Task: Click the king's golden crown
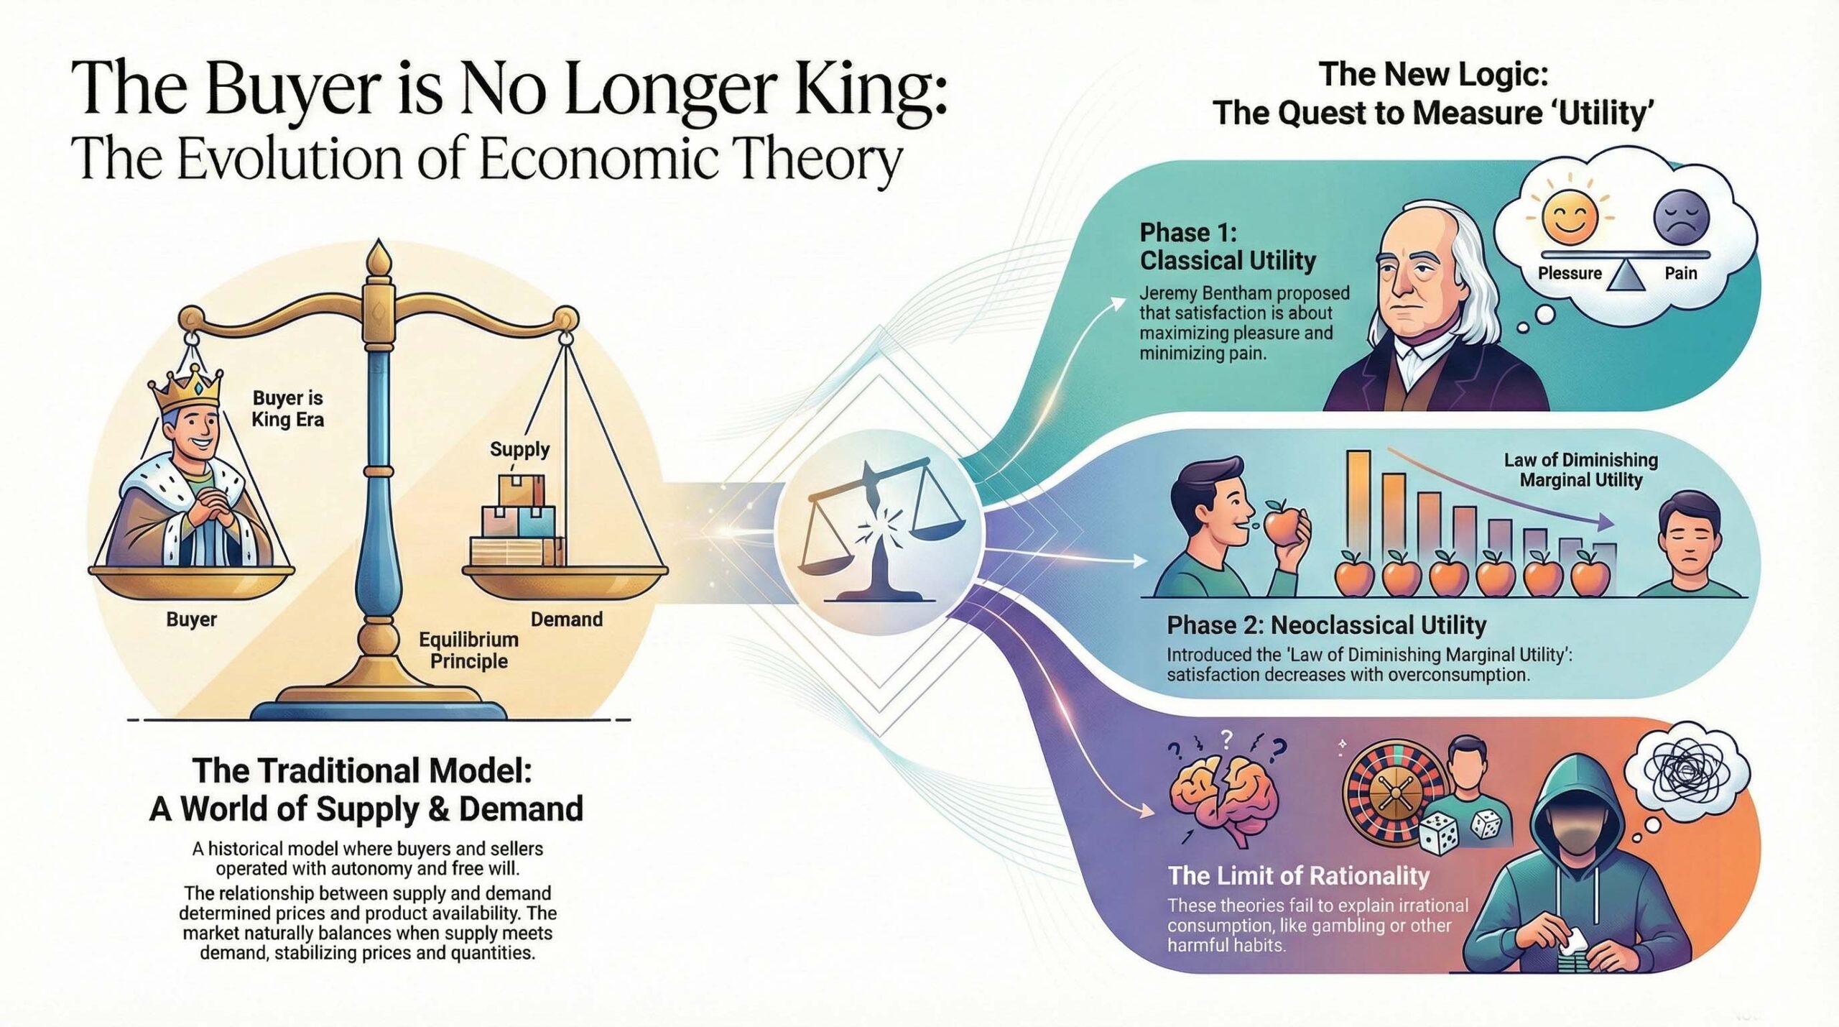click(185, 390)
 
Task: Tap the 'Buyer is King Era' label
click(288, 408)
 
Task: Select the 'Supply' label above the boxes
click(519, 449)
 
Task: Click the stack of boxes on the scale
click(517, 520)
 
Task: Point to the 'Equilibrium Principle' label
click(469, 650)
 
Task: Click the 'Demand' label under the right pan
click(567, 620)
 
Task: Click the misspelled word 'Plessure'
click(1570, 273)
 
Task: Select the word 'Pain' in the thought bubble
click(1681, 273)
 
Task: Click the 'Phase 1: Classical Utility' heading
click(1228, 247)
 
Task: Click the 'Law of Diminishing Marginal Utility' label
click(1581, 469)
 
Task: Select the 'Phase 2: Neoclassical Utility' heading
click(1326, 625)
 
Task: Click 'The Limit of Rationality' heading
click(1299, 875)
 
